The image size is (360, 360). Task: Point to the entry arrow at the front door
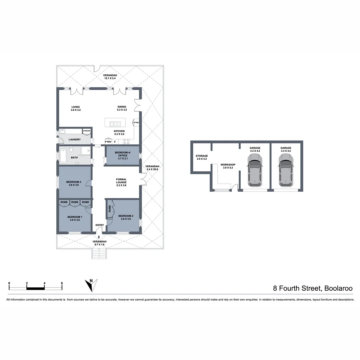99,237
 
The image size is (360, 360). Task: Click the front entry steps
99,254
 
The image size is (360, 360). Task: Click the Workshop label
228,165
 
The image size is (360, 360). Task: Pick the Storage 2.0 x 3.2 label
202,157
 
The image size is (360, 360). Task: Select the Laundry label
75,139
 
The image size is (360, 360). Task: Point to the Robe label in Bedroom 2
110,209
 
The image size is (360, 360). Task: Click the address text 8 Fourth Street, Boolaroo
313,288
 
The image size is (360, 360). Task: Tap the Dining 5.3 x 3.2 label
122,108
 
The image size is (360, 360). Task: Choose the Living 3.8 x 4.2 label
75,108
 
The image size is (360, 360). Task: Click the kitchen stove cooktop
127,141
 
